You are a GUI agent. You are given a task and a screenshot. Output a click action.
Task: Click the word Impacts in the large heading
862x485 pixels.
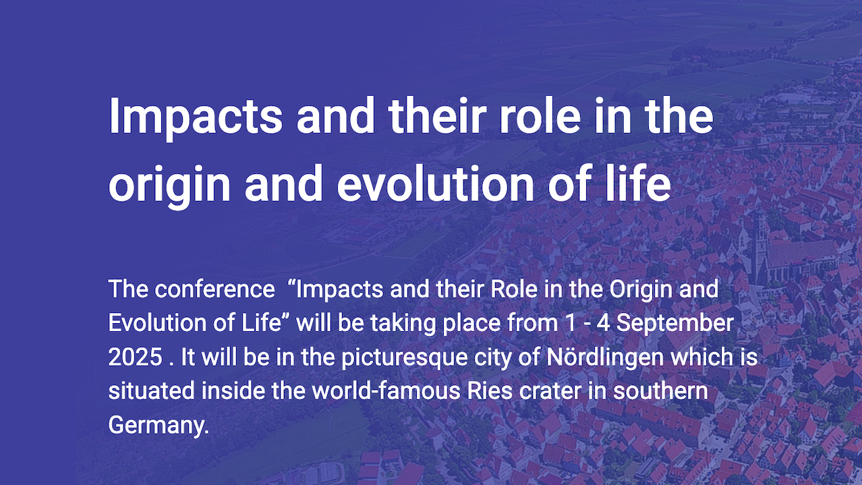(x=196, y=118)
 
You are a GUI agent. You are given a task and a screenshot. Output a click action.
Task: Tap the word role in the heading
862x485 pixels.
(x=540, y=115)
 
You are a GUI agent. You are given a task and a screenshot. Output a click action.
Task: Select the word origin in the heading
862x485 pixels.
(x=169, y=185)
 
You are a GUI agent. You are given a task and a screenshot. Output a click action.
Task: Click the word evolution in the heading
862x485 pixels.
(x=436, y=183)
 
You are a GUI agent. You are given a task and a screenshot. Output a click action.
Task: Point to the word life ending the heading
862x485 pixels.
(x=638, y=183)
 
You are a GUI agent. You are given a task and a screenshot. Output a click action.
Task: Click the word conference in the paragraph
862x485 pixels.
(x=215, y=289)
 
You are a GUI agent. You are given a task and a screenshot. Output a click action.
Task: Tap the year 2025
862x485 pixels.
(x=136, y=357)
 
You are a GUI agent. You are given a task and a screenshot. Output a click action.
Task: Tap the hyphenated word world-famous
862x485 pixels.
(x=386, y=391)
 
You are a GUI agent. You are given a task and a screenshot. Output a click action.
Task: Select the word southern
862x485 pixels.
(x=660, y=391)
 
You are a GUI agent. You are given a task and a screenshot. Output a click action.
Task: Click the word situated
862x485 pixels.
(x=151, y=391)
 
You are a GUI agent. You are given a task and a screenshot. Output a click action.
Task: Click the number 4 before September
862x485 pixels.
(x=604, y=323)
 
